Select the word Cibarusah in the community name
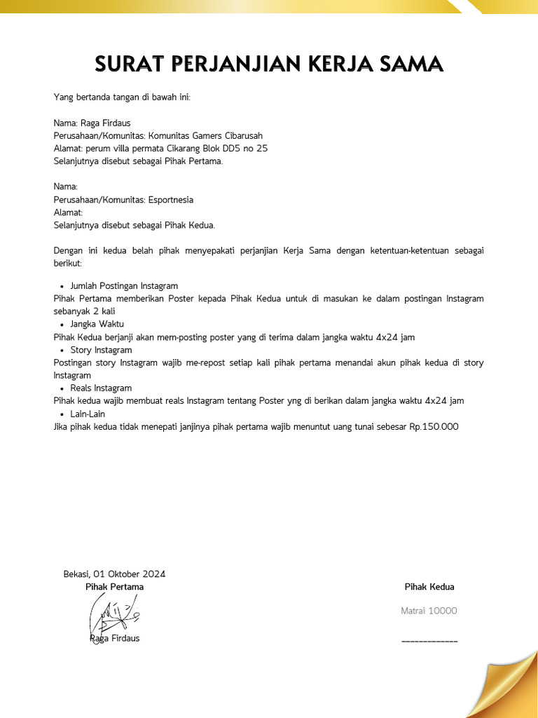point(241,136)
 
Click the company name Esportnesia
point(170,200)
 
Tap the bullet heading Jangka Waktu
point(97,324)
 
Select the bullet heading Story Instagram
point(101,350)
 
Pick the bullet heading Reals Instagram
point(101,388)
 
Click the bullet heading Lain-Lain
point(88,414)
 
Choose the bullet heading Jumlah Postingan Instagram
point(124,286)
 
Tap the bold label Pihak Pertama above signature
point(114,587)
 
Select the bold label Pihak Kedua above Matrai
point(429,587)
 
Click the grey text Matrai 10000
point(429,611)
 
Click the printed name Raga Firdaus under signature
point(115,639)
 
